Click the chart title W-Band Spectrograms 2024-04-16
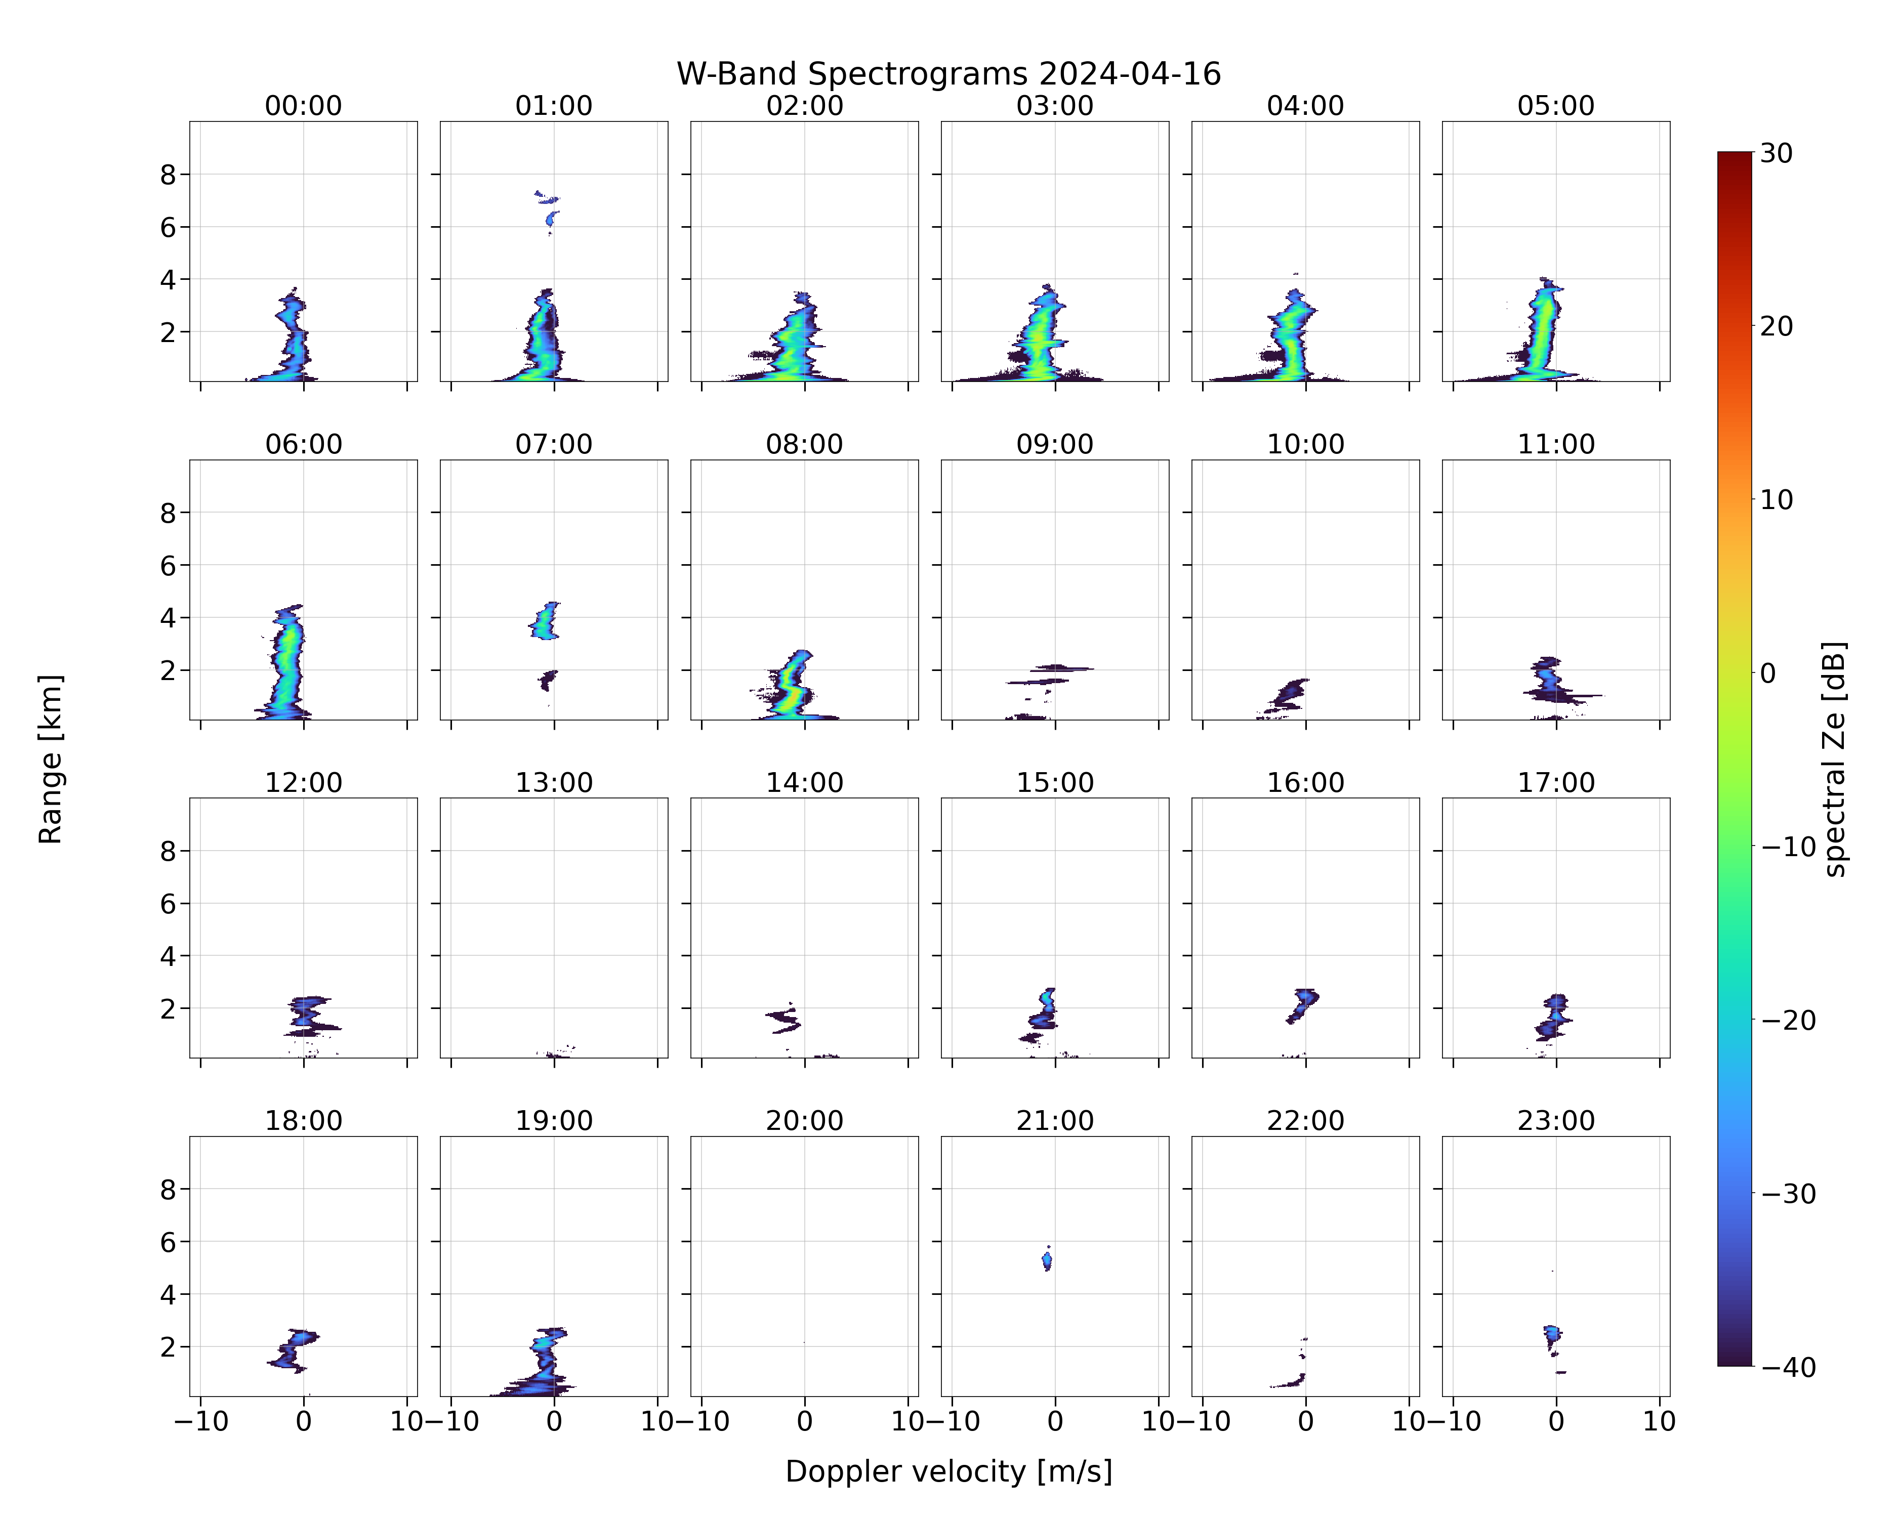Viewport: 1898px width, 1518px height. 948,74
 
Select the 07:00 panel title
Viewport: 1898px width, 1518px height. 554,444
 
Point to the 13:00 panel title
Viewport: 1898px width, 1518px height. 554,782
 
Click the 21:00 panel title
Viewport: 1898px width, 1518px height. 1055,1121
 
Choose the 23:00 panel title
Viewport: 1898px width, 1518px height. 1555,1121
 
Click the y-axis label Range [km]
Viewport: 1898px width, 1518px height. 50,760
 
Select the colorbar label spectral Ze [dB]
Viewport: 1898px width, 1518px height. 1834,760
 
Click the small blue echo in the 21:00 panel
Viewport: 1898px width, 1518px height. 1047,1260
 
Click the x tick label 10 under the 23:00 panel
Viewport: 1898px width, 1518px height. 1660,1421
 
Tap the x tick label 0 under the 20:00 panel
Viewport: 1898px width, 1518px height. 805,1421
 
